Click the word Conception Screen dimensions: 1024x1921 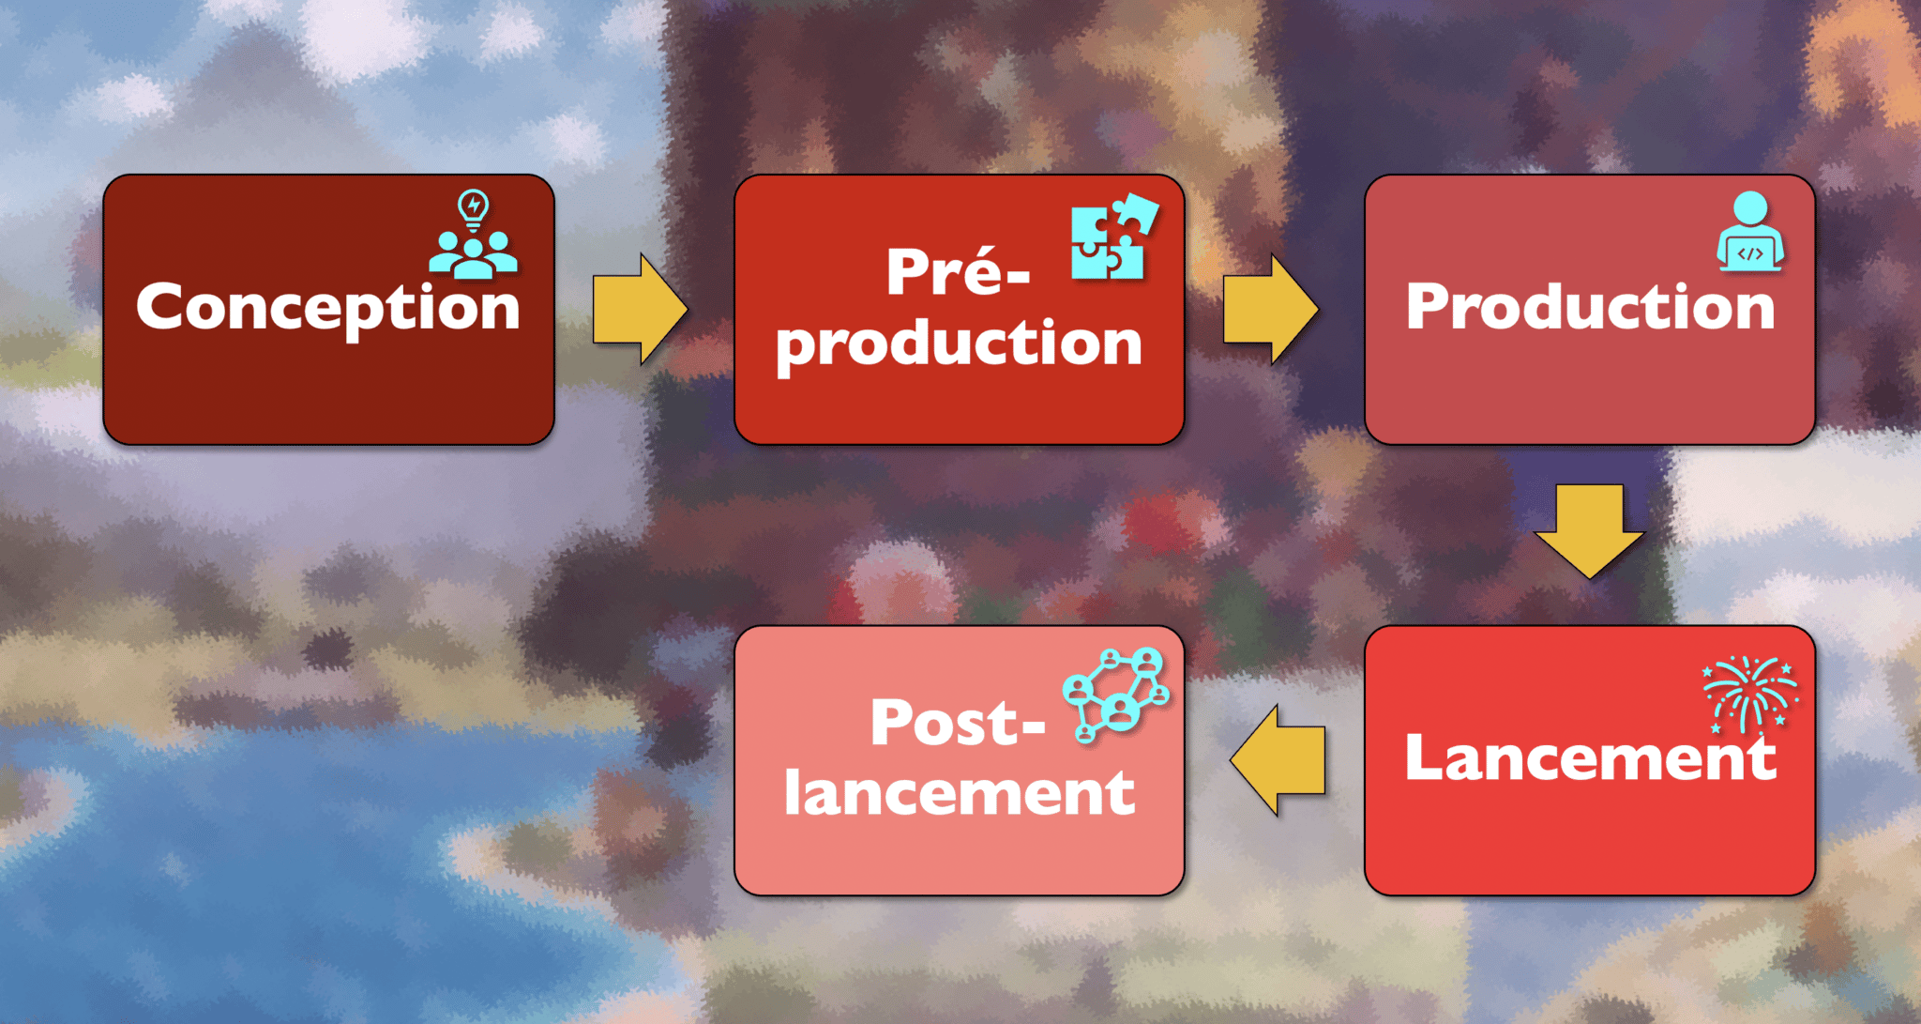pyautogui.click(x=328, y=307)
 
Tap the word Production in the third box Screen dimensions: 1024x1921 pyautogui.click(x=1590, y=307)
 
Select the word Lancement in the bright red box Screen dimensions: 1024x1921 pyautogui.click(x=1590, y=757)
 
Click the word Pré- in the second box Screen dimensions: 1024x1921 pyautogui.click(x=957, y=272)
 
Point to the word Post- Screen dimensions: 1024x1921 pyautogui.click(x=957, y=723)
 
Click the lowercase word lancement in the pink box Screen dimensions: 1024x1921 pyautogui.click(x=959, y=793)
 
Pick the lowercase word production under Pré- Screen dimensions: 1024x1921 pyautogui.click(x=959, y=344)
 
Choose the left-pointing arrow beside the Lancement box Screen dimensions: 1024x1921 pyautogui.click(x=1278, y=759)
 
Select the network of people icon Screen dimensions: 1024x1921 pyautogui.click(x=1115, y=694)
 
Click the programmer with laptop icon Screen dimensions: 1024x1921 pyautogui.click(x=1750, y=232)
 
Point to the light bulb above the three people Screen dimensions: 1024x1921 pyautogui.click(x=473, y=207)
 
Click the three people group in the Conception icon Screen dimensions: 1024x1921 pyautogui.click(x=473, y=254)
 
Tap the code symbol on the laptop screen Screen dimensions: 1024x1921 pyautogui.click(x=1750, y=253)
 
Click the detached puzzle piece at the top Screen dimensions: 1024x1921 pyautogui.click(x=1137, y=212)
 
